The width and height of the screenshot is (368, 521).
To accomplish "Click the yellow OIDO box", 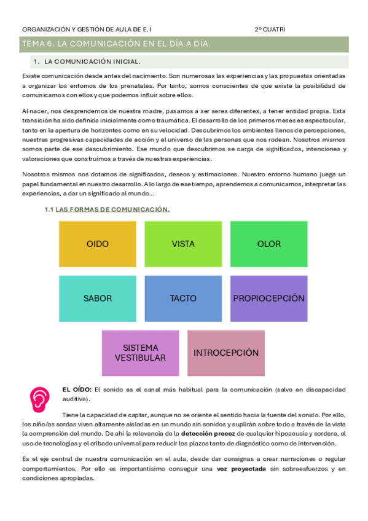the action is click(x=98, y=244).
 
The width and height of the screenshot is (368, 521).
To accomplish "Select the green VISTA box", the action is click(x=183, y=244).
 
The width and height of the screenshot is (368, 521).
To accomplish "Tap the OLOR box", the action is click(x=268, y=244).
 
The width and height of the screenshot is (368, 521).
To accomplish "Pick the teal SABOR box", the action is click(x=98, y=299).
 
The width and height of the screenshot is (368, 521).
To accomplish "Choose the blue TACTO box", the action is click(x=183, y=299).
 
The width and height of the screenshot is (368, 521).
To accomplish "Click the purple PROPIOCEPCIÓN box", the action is click(x=268, y=299).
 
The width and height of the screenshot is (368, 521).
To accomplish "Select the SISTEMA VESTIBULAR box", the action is click(x=140, y=353).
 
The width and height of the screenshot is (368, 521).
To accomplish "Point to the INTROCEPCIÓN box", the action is click(x=226, y=353).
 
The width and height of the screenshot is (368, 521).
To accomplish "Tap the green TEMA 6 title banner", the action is click(x=184, y=44).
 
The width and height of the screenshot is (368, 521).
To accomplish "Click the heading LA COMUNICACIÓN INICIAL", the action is click(x=92, y=61).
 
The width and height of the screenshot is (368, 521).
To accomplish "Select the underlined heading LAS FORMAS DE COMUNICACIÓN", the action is click(x=112, y=210).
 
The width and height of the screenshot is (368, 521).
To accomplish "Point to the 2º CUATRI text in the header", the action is click(x=270, y=29).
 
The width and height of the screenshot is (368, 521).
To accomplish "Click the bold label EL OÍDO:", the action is click(x=77, y=390).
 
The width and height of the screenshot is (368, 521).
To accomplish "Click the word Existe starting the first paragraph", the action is click(x=31, y=75).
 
